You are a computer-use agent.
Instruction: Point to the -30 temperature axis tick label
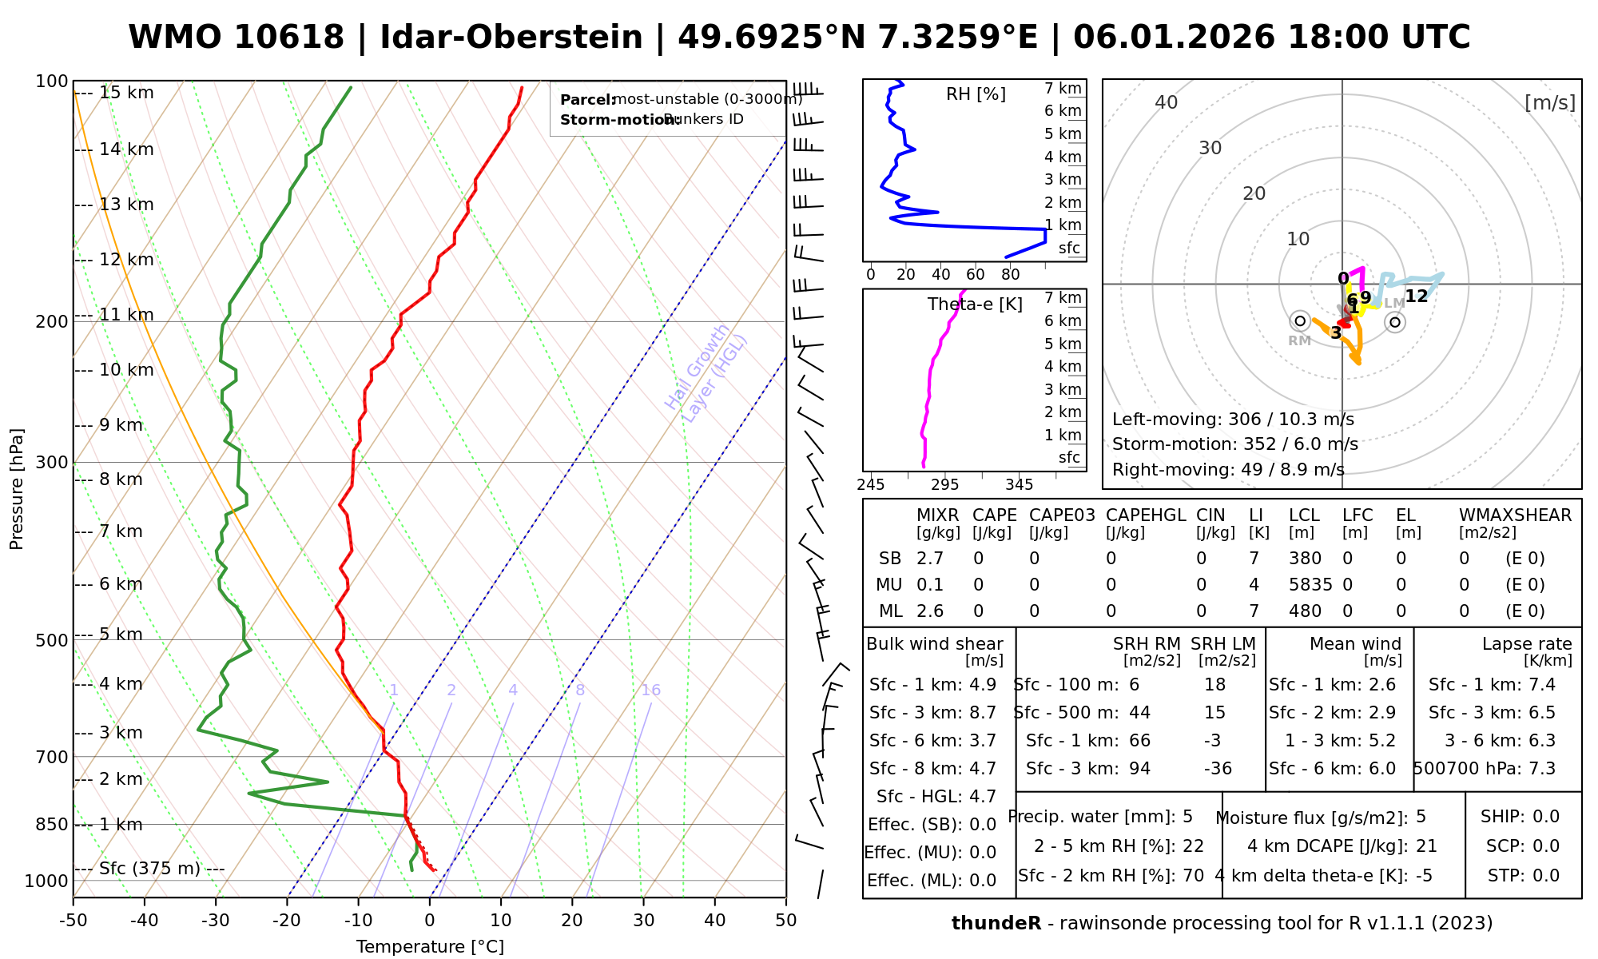tap(216, 921)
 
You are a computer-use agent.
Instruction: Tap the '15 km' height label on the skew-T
tap(126, 93)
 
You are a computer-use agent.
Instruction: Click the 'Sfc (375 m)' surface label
tap(149, 869)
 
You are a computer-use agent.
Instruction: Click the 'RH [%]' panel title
tap(976, 94)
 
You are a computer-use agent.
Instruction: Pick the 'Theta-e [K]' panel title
tap(975, 304)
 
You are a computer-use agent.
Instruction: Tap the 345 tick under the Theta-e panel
tap(1019, 485)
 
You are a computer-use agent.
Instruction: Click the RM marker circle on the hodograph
tap(1300, 320)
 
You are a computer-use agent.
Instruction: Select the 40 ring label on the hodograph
tap(1167, 102)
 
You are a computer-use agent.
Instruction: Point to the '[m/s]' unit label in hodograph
tap(1549, 103)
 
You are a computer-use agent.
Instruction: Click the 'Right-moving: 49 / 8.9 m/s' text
tap(1228, 470)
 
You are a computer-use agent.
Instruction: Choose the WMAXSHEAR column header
tap(1515, 515)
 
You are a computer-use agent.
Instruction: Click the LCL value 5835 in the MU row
tap(1310, 585)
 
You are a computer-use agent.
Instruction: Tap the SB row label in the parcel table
tap(890, 559)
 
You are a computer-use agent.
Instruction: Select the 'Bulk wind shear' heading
tap(934, 644)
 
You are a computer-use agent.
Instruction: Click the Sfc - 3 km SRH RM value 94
tap(1139, 769)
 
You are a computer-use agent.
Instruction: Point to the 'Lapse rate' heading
tap(1527, 644)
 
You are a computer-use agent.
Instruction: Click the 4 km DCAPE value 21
tap(1426, 846)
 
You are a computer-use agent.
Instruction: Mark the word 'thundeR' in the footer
tap(996, 924)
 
